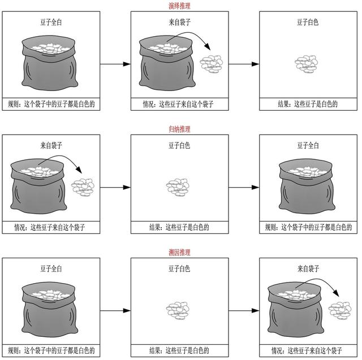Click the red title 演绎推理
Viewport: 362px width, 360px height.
(x=179, y=6)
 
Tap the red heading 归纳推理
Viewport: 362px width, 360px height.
(x=179, y=129)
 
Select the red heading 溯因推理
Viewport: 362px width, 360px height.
(x=179, y=253)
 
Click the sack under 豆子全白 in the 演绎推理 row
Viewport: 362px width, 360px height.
(x=50, y=63)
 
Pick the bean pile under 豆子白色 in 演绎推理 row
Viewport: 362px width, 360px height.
(x=307, y=64)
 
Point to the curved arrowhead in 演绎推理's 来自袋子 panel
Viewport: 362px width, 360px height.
(x=208, y=46)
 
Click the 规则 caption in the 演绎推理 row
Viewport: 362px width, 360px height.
(x=51, y=104)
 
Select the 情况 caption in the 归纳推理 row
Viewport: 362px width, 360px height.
(x=50, y=228)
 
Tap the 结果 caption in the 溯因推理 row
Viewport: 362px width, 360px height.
(x=179, y=351)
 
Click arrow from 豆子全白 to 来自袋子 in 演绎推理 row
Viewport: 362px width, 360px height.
(x=115, y=64)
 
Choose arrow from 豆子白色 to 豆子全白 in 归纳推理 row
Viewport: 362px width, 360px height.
(x=244, y=187)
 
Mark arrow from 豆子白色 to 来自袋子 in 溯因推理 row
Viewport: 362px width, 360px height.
(x=244, y=311)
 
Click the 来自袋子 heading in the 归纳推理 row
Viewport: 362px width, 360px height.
(x=51, y=145)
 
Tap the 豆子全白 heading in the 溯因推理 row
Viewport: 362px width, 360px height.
(x=51, y=269)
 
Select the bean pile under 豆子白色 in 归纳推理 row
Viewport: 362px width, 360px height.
(x=178, y=187)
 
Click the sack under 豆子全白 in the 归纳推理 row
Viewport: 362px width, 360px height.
(x=307, y=186)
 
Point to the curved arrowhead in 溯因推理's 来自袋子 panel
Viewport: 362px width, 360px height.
(x=336, y=293)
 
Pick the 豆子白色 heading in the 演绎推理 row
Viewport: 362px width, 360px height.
(x=308, y=23)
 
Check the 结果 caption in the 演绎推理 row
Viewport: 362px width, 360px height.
(x=308, y=104)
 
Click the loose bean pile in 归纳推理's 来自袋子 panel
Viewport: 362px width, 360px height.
(x=83, y=187)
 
